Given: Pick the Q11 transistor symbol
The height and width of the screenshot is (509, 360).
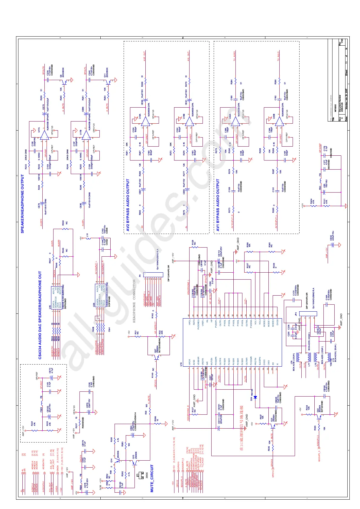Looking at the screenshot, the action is pyautogui.click(x=109, y=81).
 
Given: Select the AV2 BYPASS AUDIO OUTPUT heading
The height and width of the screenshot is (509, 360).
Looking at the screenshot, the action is pyautogui.click(x=128, y=205).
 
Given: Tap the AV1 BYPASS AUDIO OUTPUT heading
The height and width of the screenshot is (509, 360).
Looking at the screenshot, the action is pyautogui.click(x=218, y=205).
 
